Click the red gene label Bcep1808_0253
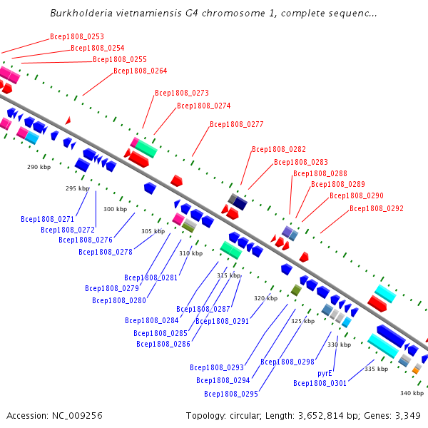77,36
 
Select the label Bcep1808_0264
141,71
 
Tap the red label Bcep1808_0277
237,124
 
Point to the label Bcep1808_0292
377,208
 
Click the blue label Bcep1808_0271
48,219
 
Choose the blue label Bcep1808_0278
106,252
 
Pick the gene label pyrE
325,373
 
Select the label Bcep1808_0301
320,384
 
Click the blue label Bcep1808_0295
231,394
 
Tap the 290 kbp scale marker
39,167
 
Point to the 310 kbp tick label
190,253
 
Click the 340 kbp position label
412,393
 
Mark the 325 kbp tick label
302,321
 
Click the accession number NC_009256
77,416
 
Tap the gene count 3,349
408,416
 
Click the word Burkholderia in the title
81,13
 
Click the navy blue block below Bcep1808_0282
240,203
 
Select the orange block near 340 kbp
415,370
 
